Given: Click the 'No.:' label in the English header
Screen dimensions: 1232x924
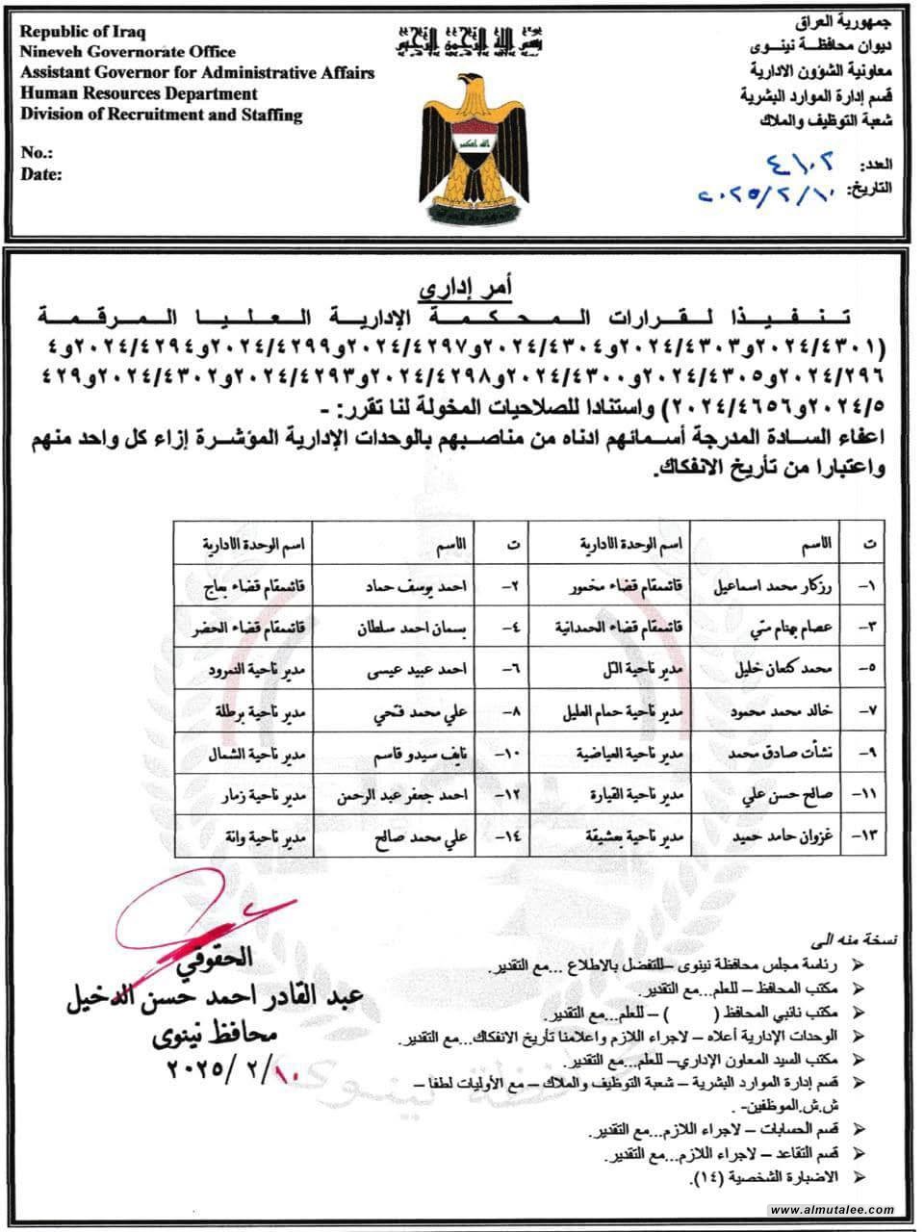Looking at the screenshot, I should point(37,154).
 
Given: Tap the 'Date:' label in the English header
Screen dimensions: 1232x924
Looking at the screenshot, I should point(41,174).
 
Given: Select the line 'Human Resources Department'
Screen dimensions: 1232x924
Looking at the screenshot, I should point(139,94).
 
